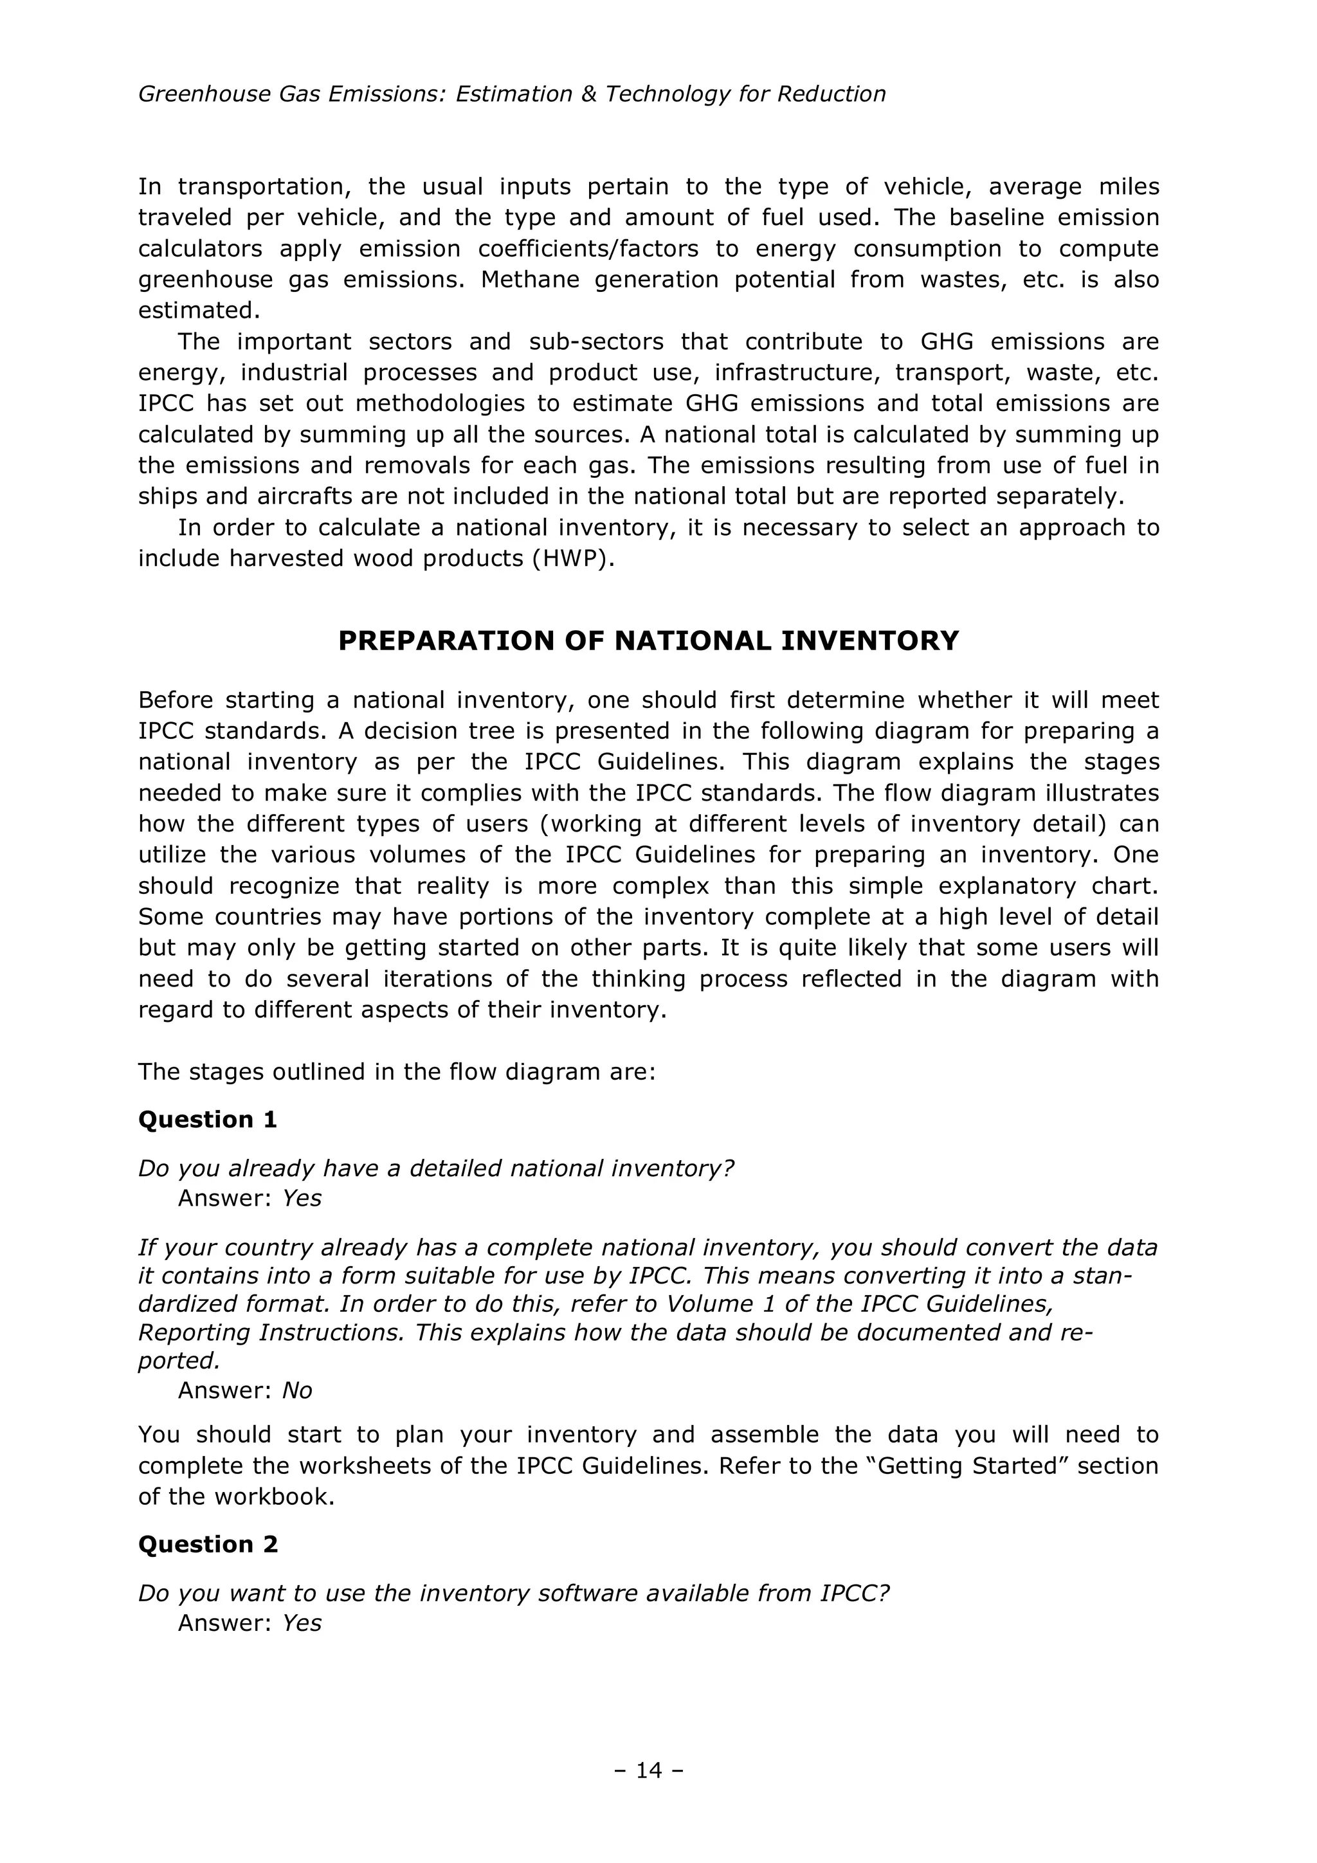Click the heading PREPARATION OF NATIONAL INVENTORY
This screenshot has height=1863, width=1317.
point(648,641)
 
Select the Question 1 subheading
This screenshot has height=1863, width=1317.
point(208,1120)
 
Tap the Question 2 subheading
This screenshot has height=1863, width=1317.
point(208,1544)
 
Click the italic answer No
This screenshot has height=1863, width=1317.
point(297,1391)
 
